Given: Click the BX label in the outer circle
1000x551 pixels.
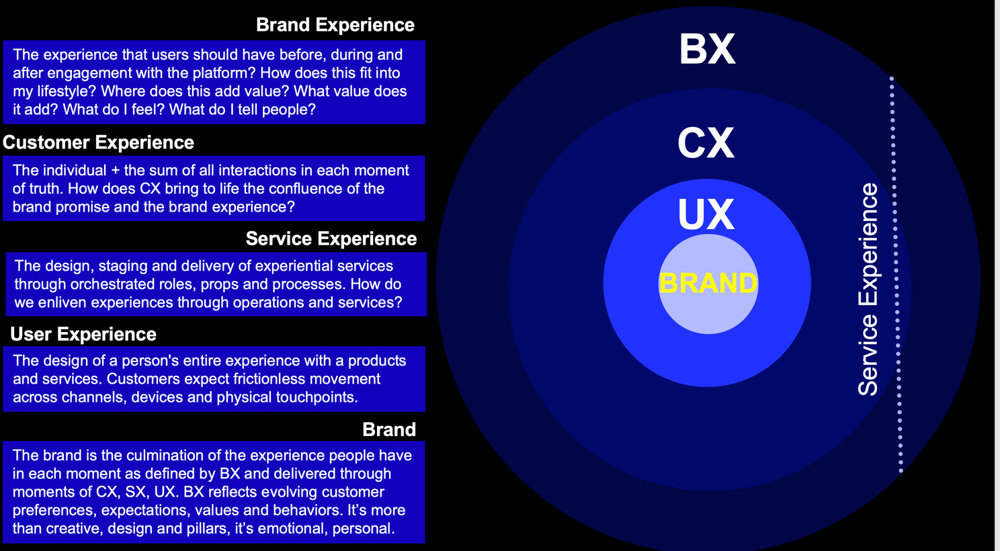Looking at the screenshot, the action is click(x=707, y=49).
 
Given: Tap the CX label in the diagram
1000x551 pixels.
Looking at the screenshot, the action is click(x=706, y=143).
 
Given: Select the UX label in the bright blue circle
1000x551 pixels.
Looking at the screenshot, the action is click(x=706, y=214).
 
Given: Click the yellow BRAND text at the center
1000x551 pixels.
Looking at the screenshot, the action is click(x=708, y=283).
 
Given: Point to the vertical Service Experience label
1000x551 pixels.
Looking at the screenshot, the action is click(x=868, y=290).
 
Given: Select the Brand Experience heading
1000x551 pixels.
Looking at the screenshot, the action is click(x=335, y=25).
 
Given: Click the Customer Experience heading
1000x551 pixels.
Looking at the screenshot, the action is click(x=98, y=142).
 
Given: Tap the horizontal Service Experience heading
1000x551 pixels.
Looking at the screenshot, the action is click(x=331, y=239).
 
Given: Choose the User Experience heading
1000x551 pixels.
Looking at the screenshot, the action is click(x=83, y=334).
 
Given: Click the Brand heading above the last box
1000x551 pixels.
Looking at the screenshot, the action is click(x=389, y=429).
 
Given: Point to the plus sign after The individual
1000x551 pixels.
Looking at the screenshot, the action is click(x=115, y=171).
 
